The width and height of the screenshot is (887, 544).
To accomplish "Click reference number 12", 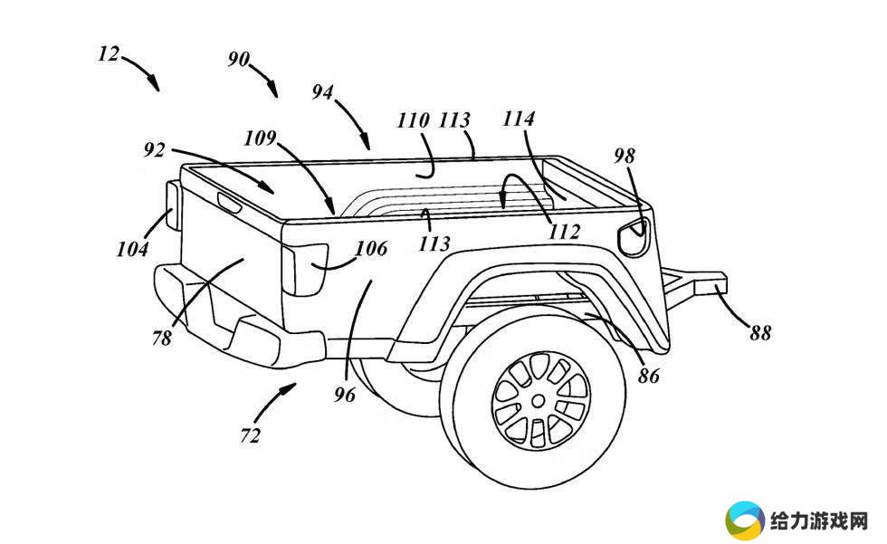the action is [109, 55].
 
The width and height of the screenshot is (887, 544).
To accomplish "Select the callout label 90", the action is [239, 59].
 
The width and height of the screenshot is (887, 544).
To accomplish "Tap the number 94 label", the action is [323, 92].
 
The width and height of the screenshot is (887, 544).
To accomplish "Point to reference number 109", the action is [260, 138].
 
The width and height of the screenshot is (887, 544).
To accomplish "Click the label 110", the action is [414, 120].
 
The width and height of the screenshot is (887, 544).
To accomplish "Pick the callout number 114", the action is [519, 119].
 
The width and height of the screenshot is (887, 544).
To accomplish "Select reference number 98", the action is [625, 156].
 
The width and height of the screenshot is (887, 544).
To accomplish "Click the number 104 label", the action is [132, 249].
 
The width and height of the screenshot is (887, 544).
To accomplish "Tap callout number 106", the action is [371, 248].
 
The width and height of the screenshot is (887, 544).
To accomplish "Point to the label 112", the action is [565, 232].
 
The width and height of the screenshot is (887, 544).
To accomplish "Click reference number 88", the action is [760, 333].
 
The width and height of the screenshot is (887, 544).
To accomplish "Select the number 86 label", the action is [648, 376].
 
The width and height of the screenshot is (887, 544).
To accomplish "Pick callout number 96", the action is [345, 394].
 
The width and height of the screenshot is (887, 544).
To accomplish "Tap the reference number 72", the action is [250, 436].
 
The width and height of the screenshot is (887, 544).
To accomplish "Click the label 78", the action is [162, 339].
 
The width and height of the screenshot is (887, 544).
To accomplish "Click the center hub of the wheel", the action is [538, 401].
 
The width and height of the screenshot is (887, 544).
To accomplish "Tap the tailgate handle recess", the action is [230, 201].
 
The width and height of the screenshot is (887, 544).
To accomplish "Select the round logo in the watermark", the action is [744, 520].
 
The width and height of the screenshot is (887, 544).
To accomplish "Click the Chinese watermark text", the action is [819, 521].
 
